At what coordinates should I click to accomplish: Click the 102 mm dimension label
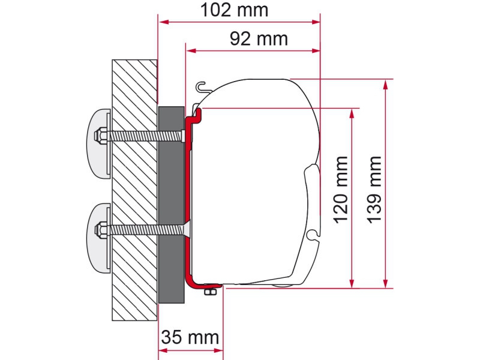[234, 10]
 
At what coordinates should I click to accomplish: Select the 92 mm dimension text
[259, 39]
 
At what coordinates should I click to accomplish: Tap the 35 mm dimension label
[190, 337]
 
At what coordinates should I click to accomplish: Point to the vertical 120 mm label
[341, 190]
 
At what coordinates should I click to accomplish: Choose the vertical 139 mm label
[374, 190]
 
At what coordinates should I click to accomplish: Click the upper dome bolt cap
[98, 142]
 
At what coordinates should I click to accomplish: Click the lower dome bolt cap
[98, 236]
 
